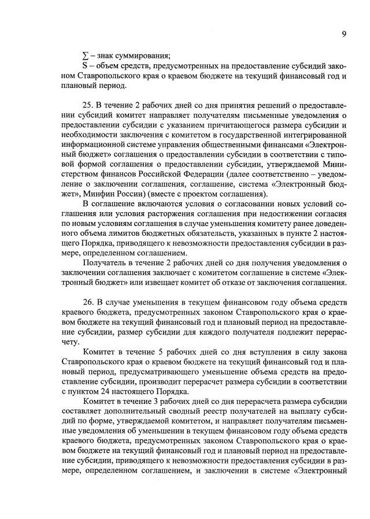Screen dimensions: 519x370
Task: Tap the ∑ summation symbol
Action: (x=86, y=55)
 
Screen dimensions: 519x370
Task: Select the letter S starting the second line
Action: (x=86, y=66)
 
